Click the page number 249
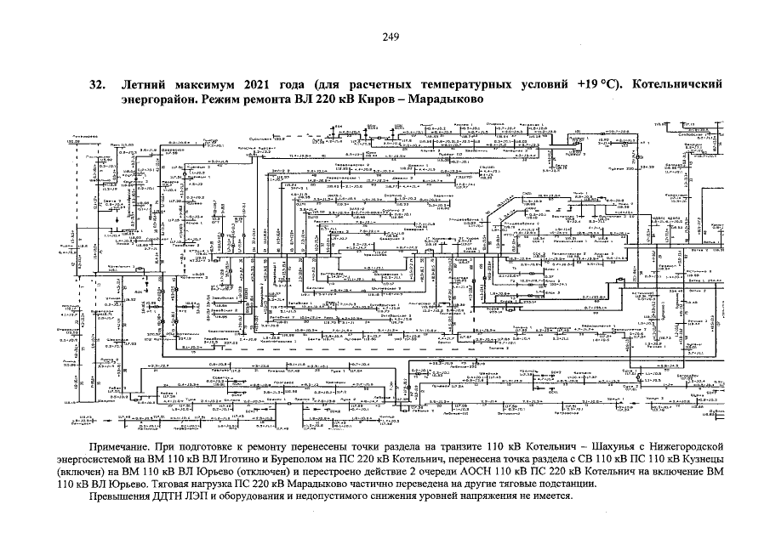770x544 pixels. tap(391, 36)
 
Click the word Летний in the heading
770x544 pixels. tap(147, 85)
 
